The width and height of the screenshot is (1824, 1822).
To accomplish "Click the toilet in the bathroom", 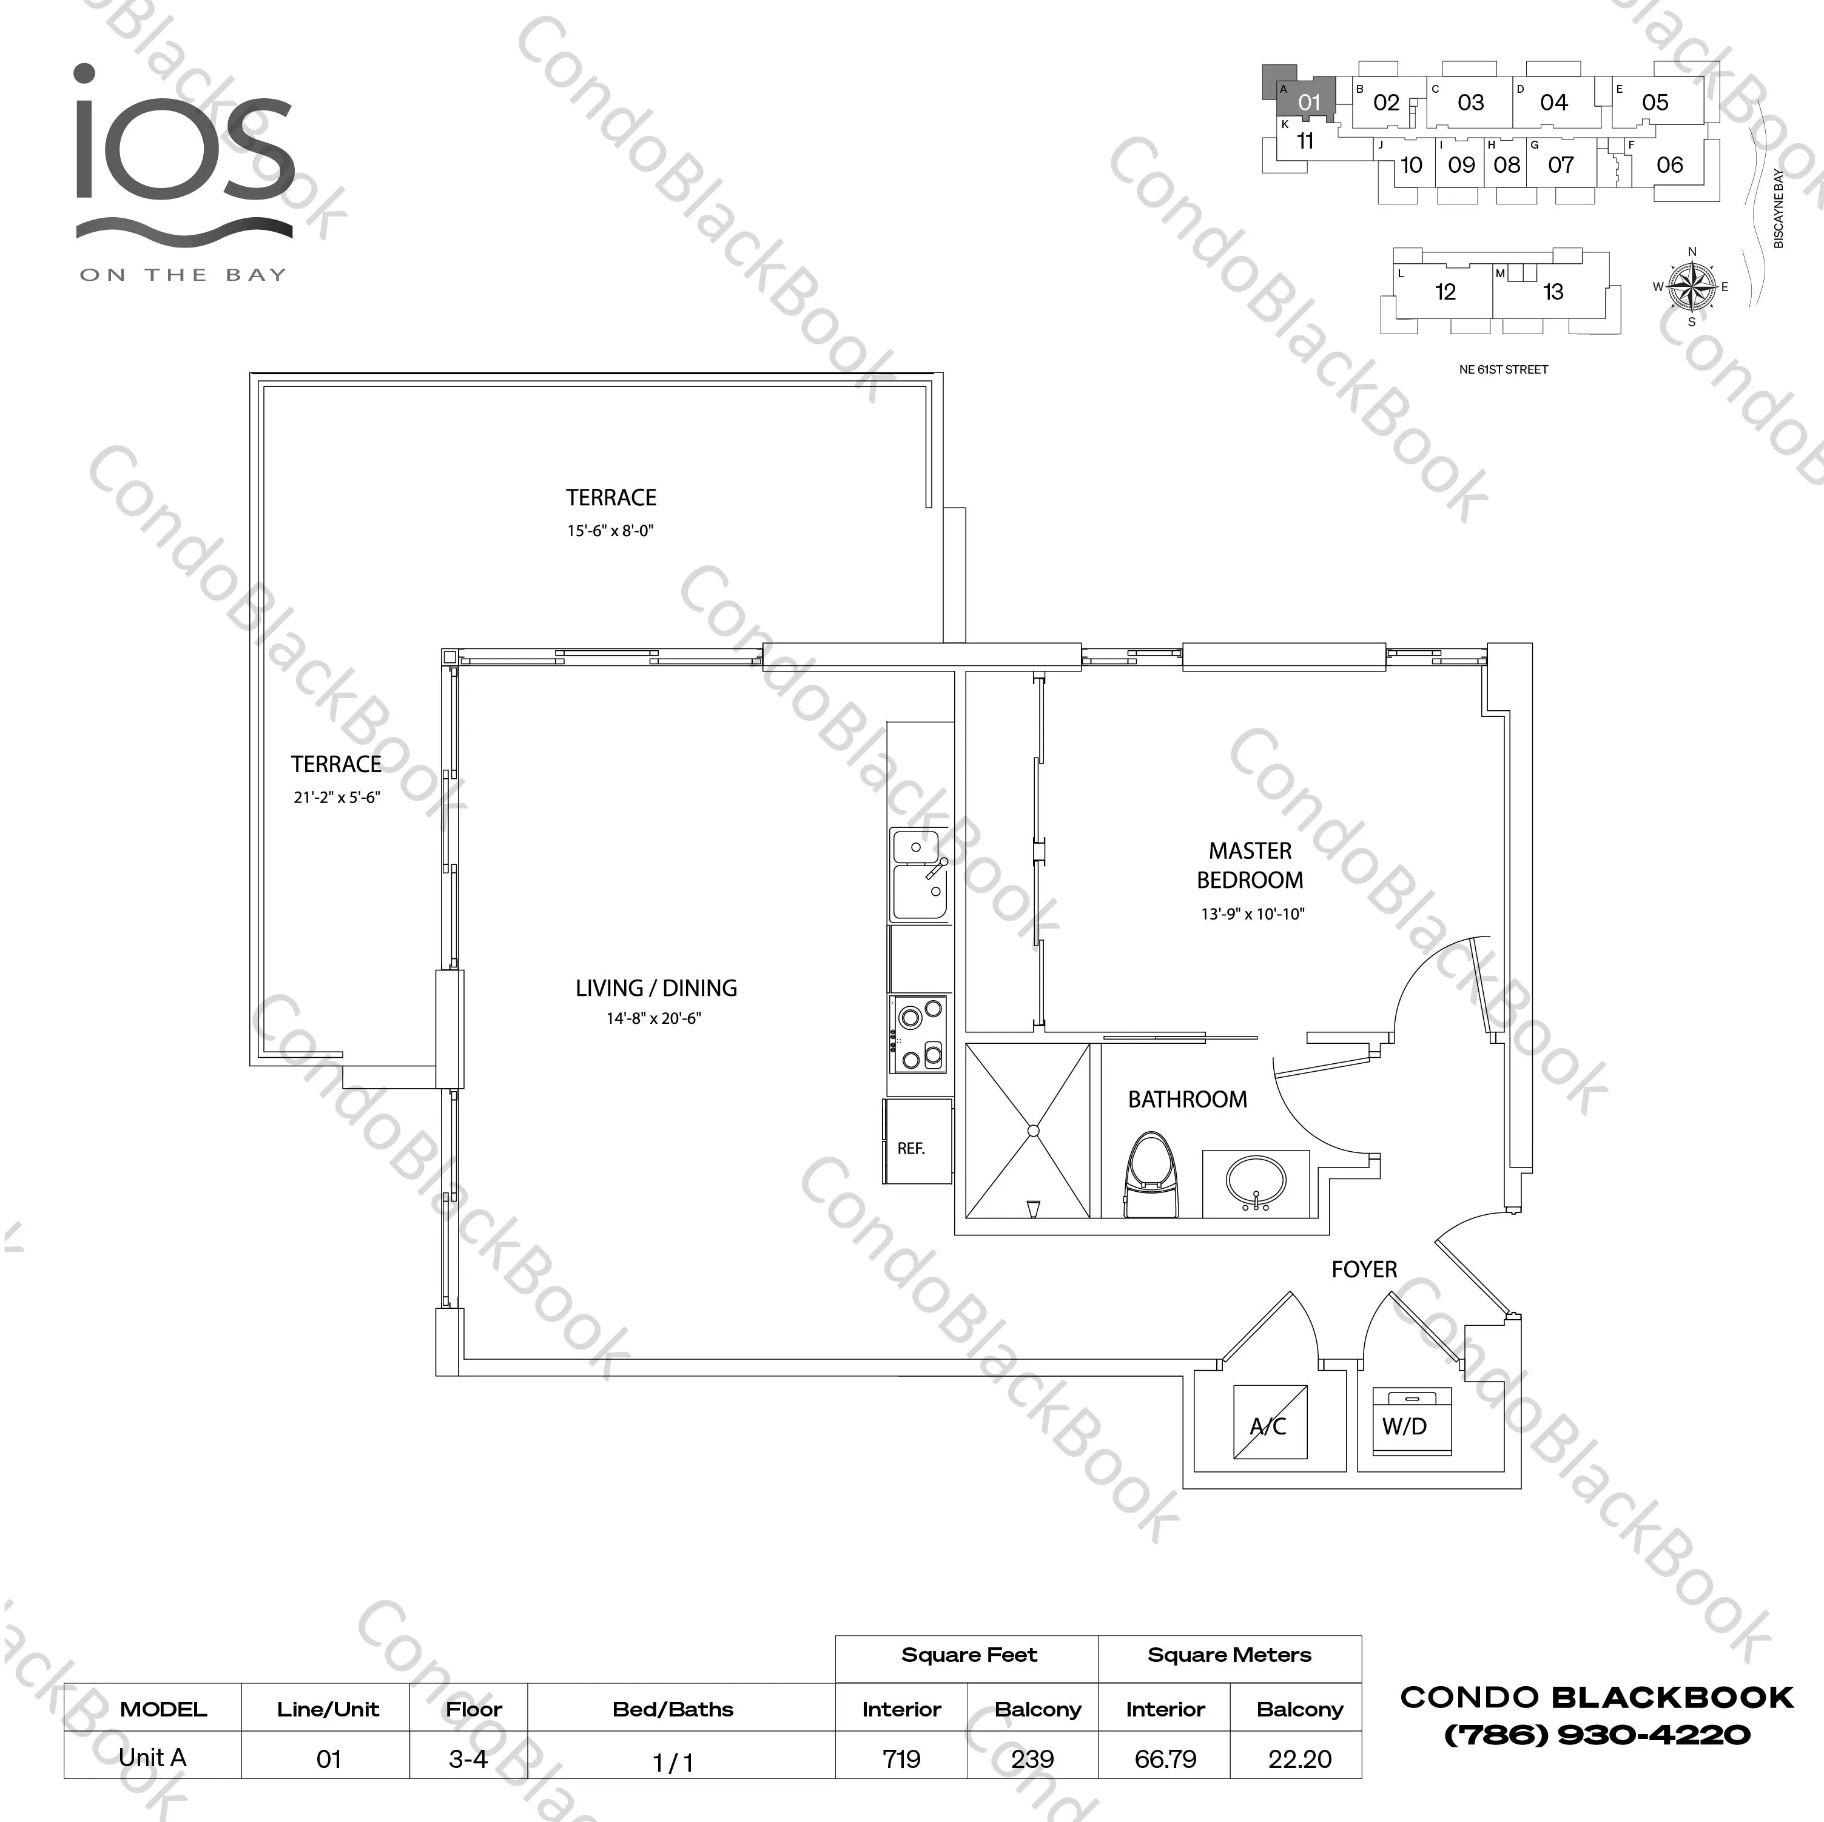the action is coord(1151,1175).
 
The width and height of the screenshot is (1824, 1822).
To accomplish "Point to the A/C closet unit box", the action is coord(1271,1422).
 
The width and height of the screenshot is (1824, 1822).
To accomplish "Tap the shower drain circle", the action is coord(1034,1130).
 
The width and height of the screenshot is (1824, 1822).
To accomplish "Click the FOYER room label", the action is coord(1364,1269).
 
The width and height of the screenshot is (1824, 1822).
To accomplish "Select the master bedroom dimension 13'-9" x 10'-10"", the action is coord(1253,914).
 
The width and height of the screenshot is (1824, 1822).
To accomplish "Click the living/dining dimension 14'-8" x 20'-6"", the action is coord(655,1018).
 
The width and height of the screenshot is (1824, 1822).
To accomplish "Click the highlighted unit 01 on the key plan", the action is coord(1308,102).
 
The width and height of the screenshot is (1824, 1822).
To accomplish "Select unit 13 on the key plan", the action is coord(1553,292).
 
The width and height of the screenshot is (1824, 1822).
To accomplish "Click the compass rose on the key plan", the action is coord(1691,286).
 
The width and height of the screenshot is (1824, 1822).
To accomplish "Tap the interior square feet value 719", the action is coord(901,1759).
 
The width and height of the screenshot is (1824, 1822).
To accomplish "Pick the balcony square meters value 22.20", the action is coord(1299,1759).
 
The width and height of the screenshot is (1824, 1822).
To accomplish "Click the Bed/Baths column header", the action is coord(673,1709).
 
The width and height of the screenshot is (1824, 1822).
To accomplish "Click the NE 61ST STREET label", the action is coord(1504,370).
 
